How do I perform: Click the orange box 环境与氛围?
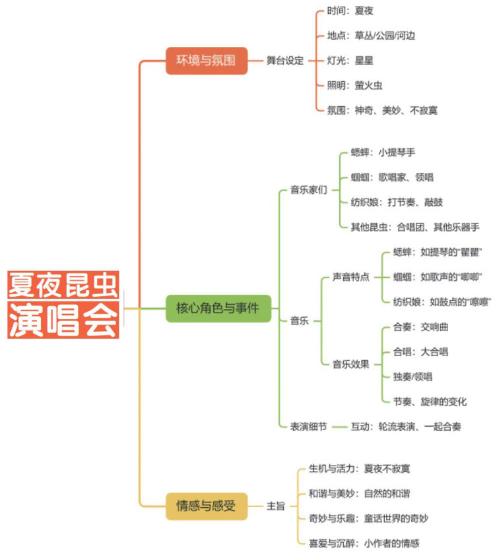pyautogui.click(x=206, y=61)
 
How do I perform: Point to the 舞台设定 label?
pyautogui.click(x=285, y=61)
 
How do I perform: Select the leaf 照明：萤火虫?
pyautogui.click(x=354, y=85)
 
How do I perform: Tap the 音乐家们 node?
pyautogui.click(x=309, y=190)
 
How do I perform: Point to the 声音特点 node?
pyautogui.click(x=350, y=276)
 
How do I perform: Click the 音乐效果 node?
pyautogui.click(x=350, y=364)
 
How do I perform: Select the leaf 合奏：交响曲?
pyautogui.click(x=420, y=327)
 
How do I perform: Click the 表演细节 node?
pyautogui.click(x=309, y=426)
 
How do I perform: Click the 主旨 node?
pyautogui.click(x=276, y=506)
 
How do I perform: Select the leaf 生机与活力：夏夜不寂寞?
pyautogui.click(x=359, y=469)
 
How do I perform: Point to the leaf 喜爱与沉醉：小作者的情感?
pyautogui.click(x=364, y=543)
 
